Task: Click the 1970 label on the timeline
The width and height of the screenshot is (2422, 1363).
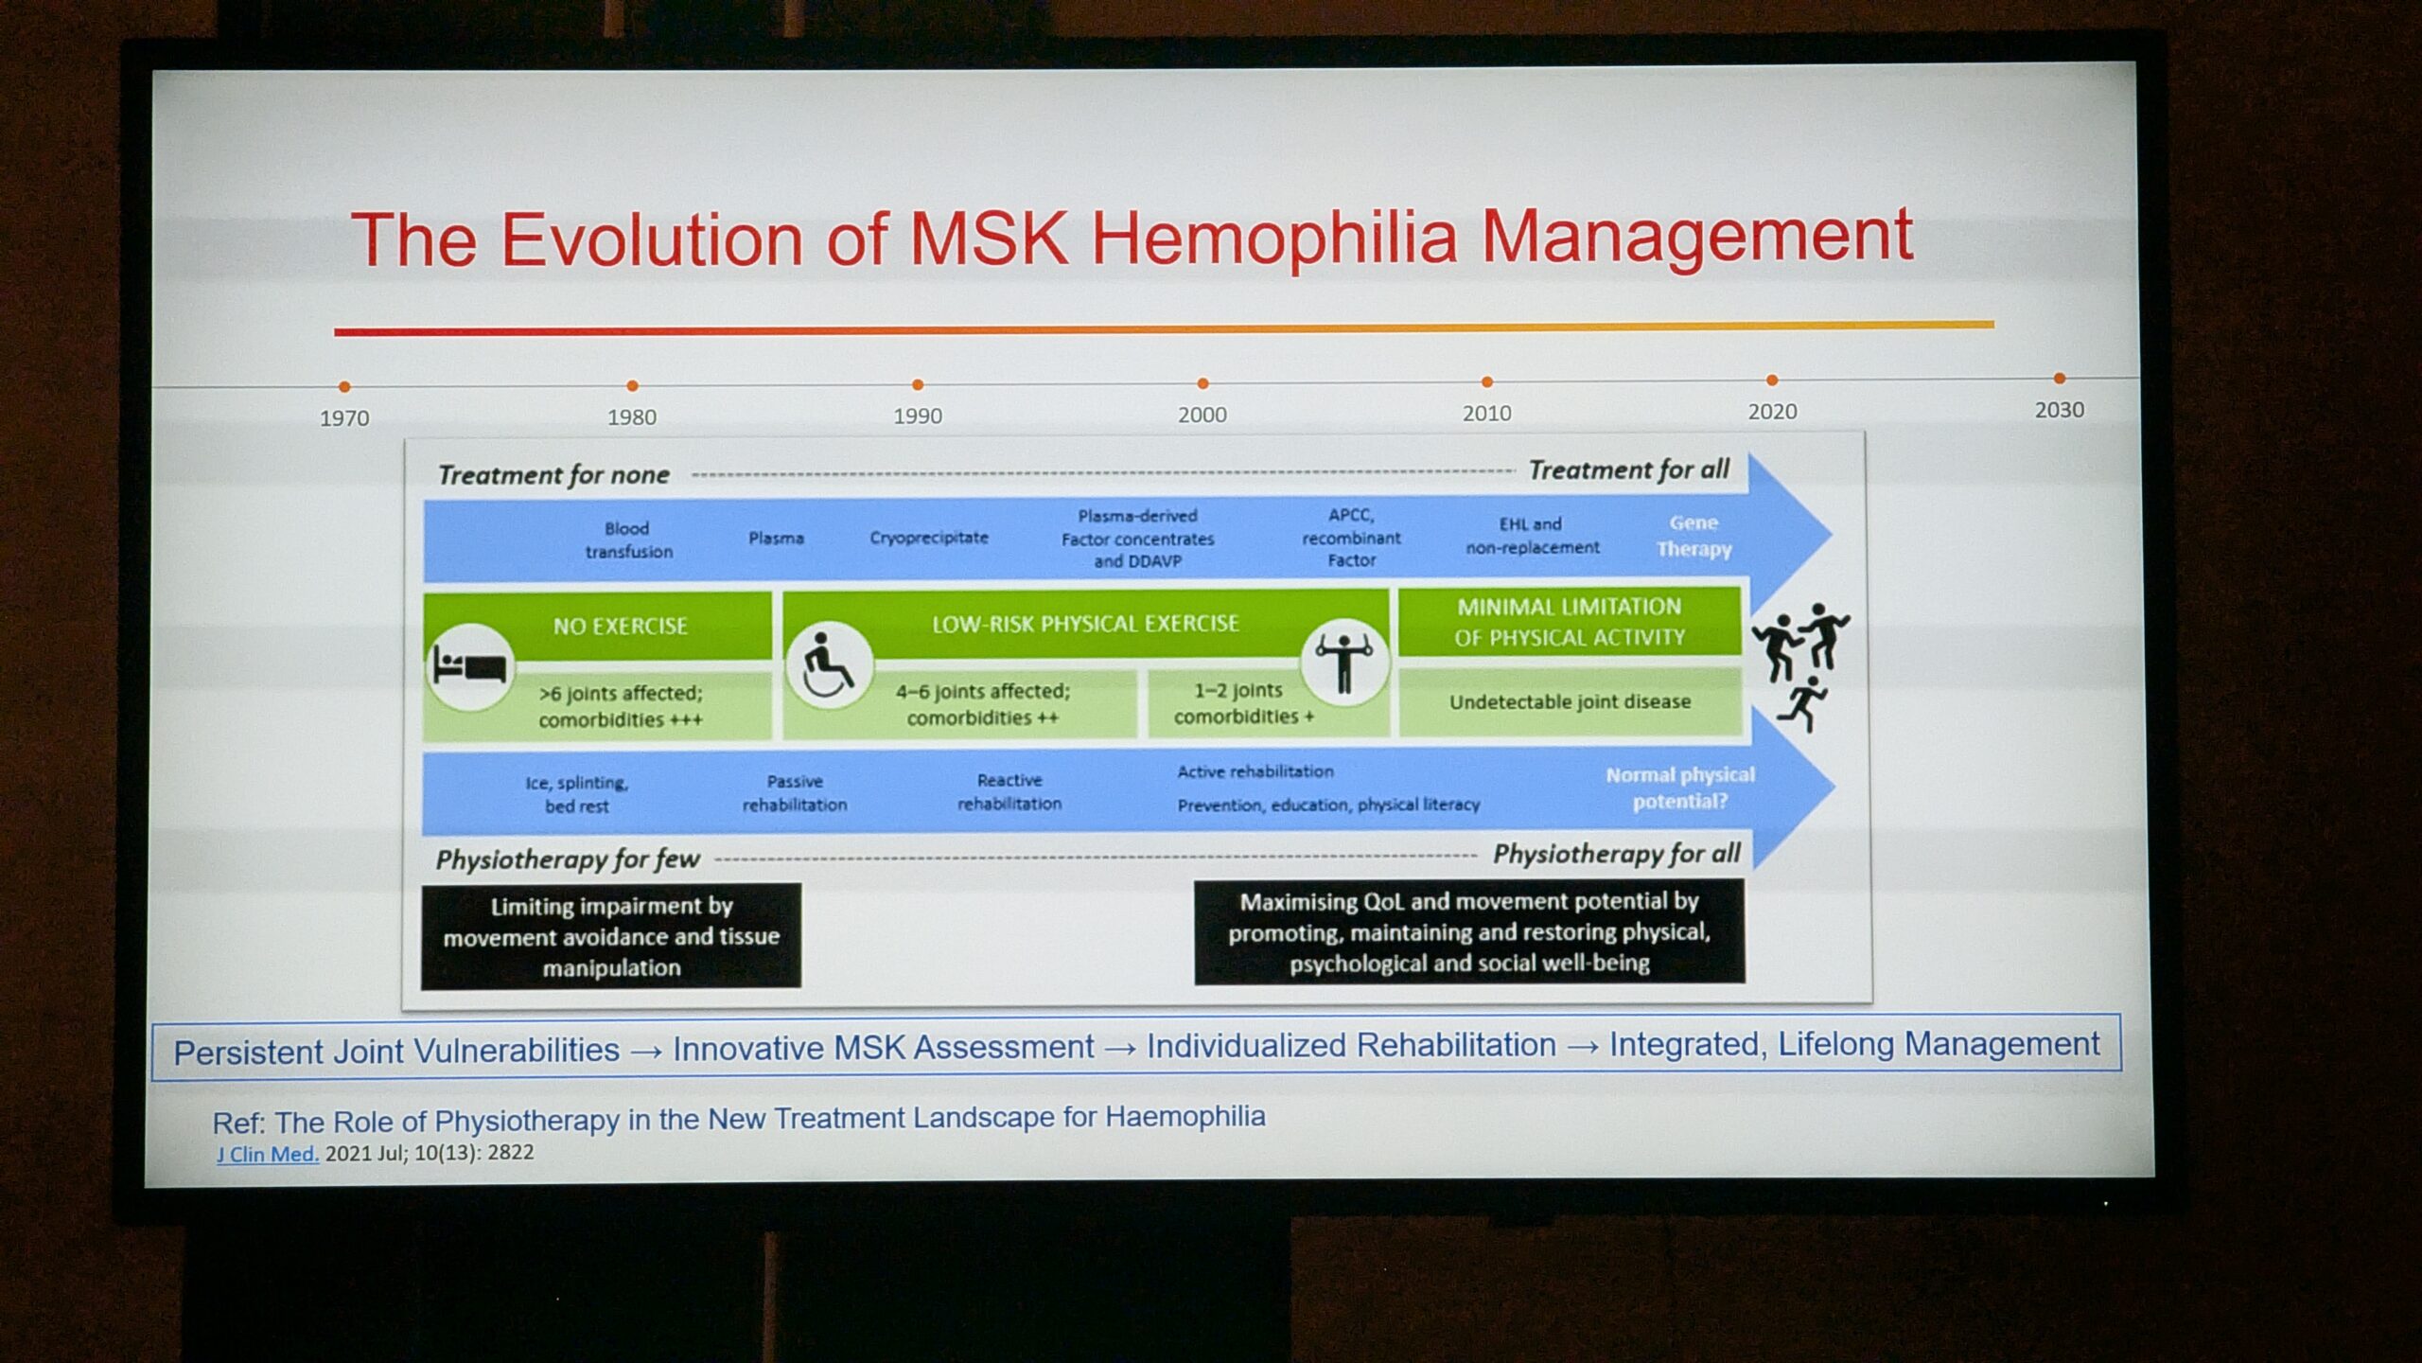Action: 344,417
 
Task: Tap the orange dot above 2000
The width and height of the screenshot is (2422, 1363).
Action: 1202,383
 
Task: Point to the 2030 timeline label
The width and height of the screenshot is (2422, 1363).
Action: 2060,410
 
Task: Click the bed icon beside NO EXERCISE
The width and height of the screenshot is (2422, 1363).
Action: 469,666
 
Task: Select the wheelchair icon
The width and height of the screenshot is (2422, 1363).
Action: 828,664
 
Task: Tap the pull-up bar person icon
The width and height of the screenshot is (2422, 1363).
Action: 1343,662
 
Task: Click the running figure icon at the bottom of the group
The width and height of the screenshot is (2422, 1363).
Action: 1803,704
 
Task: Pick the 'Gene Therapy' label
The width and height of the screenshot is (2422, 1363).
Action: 1694,536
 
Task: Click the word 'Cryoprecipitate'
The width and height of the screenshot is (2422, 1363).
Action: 929,538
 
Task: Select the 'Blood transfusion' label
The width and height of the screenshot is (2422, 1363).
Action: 628,540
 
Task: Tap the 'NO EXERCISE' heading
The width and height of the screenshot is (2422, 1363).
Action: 621,626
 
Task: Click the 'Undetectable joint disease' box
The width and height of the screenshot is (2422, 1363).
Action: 1570,701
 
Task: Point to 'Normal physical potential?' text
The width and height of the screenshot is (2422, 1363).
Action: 1680,788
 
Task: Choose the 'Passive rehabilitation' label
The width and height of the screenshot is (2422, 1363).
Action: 795,793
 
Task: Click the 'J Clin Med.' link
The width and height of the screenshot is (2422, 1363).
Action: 268,1154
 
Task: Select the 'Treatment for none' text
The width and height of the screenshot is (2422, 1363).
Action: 553,474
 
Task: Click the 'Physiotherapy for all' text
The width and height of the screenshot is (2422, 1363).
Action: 1616,854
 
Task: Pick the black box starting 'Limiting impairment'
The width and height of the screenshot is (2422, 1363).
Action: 611,936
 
